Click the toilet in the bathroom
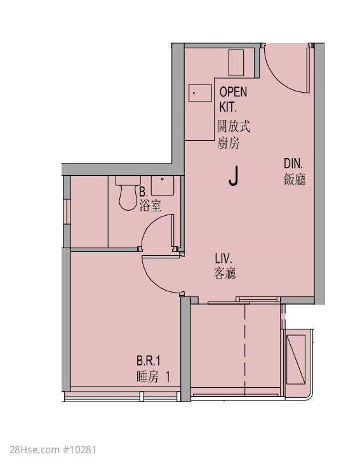(x=128, y=193)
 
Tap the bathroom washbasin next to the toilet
(x=163, y=186)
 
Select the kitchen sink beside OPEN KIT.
(x=200, y=93)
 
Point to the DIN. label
(x=293, y=164)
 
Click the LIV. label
(x=223, y=258)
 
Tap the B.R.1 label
(x=149, y=361)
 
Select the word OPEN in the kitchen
(x=233, y=92)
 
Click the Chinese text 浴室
(x=150, y=206)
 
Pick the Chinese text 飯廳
(x=295, y=180)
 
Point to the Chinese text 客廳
(x=225, y=274)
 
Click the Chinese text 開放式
(x=234, y=126)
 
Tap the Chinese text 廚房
(x=229, y=143)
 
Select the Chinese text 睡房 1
(x=153, y=376)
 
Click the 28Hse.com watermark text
(x=34, y=450)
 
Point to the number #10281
(x=79, y=450)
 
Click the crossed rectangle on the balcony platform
(x=296, y=359)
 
